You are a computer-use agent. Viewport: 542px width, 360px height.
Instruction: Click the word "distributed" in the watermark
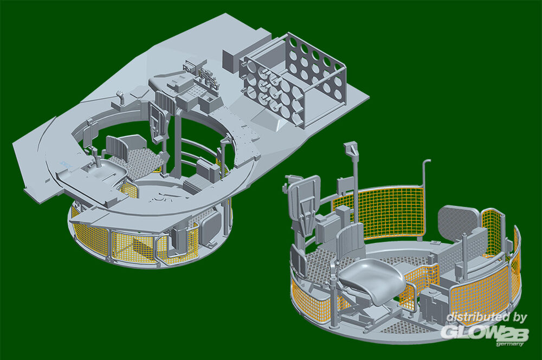click(478, 317)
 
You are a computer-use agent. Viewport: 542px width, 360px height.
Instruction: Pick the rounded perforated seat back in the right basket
click(459, 222)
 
